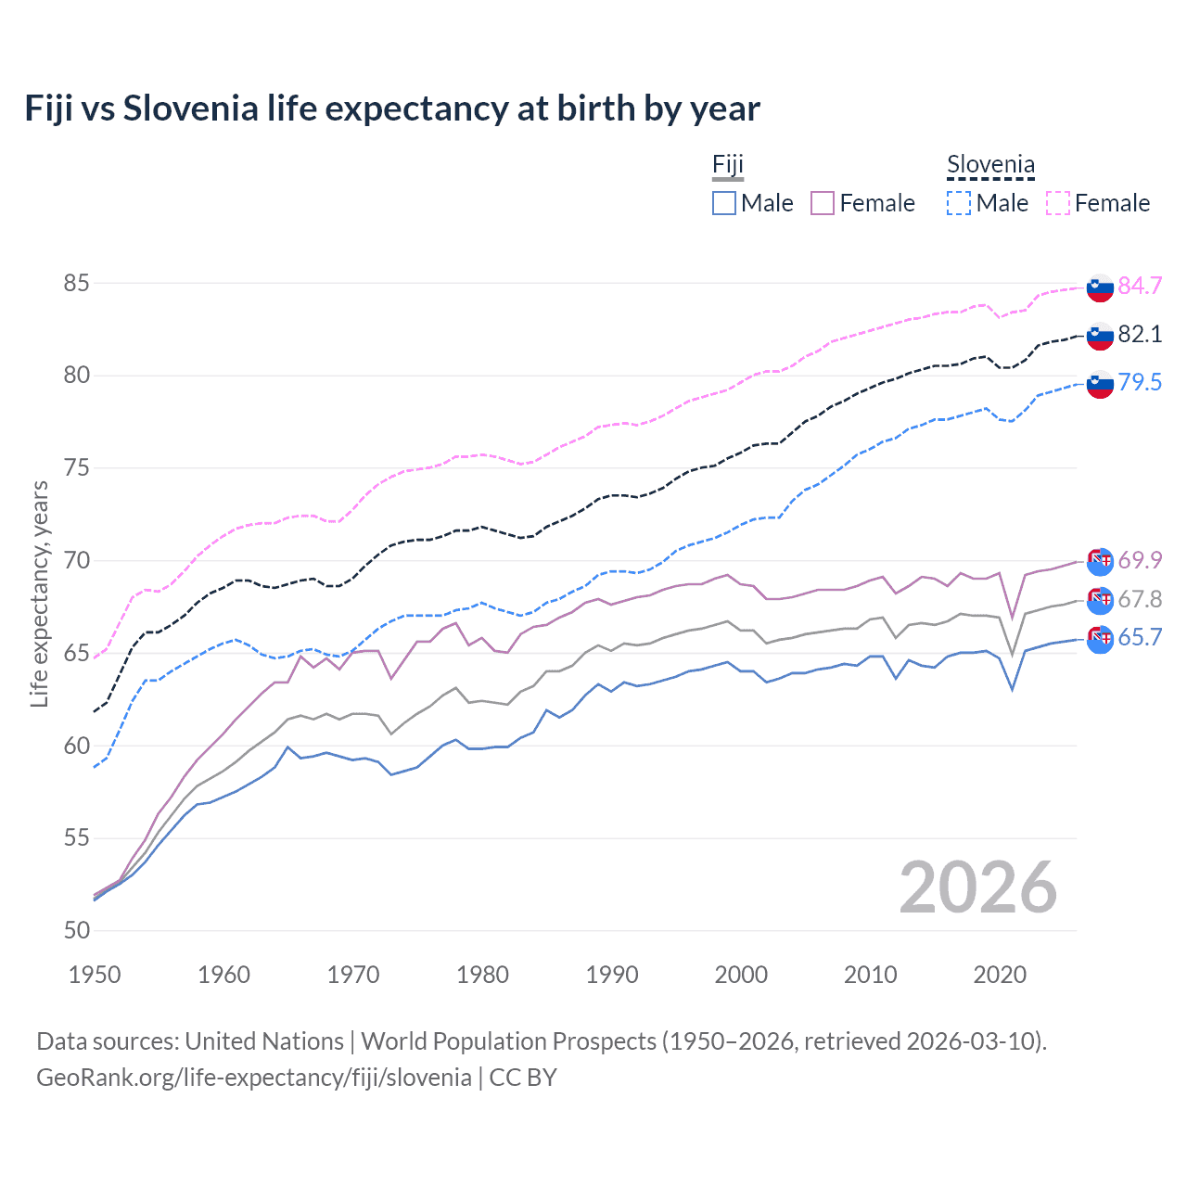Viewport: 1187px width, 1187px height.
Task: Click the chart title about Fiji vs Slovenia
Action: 391,108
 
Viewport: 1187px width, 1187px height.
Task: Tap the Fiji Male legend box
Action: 724,203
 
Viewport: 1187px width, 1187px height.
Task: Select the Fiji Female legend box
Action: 823,203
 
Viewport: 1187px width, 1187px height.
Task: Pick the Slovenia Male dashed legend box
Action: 959,203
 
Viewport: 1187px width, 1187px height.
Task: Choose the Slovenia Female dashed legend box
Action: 1058,203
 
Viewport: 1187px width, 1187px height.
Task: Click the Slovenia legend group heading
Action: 990,165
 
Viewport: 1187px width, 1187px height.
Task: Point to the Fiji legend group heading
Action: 728,165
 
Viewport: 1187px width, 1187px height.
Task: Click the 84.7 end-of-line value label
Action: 1140,286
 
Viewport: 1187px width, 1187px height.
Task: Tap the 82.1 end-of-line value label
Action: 1140,334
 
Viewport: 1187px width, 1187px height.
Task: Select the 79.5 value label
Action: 1140,382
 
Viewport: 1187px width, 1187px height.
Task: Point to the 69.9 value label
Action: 1140,560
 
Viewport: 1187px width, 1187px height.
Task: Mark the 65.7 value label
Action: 1140,637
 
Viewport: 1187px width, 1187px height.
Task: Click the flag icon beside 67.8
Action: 1100,600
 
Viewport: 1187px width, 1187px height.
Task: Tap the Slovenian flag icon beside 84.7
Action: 1100,287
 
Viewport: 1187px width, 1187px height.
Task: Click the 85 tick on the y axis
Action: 76,283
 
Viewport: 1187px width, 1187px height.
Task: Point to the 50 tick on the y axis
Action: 76,930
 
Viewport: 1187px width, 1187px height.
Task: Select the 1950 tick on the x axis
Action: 95,975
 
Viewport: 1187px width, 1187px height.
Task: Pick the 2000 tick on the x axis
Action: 741,975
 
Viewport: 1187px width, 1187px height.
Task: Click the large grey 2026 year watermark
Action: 978,887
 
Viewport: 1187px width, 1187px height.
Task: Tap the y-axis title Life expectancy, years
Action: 40,593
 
